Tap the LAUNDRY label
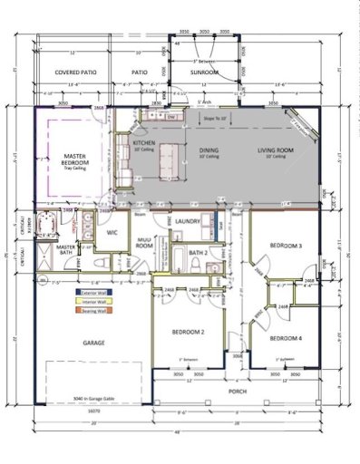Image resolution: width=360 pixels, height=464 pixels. click(188, 220)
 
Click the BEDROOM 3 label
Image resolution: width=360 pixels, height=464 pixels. click(285, 246)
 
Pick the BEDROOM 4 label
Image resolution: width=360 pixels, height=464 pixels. click(286, 338)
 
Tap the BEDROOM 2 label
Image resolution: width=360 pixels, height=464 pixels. click(188, 333)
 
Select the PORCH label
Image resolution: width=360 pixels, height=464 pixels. click(238, 391)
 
